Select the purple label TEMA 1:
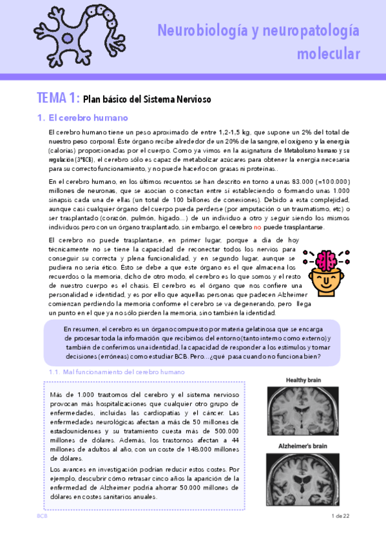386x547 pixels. coord(58,99)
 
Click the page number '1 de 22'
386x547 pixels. coord(339,517)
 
